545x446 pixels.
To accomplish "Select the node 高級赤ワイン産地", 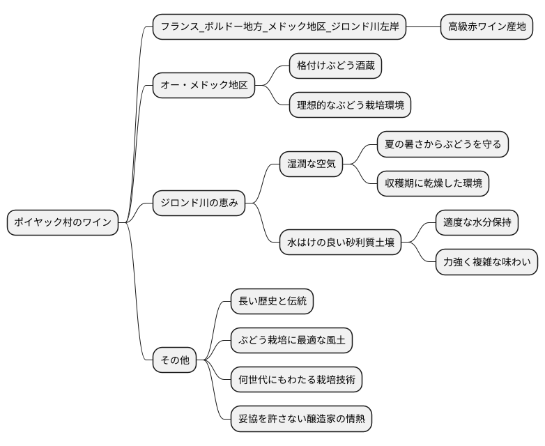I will pos(486,27).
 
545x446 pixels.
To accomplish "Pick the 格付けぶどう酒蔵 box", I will pos(336,66).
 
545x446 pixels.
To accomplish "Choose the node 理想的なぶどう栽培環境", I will pos(349,105).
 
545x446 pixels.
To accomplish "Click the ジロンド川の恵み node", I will pos(199,203).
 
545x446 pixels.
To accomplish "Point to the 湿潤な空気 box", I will pos(311,164).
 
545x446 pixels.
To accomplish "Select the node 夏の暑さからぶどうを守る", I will pos(443,144).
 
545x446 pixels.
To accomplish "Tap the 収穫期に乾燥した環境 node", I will pos(432,184).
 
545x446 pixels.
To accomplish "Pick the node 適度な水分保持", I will pos(477,223).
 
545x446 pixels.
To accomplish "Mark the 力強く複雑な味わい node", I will pos(486,262).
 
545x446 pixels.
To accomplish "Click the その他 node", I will pos(174,360).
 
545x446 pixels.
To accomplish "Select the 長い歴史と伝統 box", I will pos(272,302).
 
